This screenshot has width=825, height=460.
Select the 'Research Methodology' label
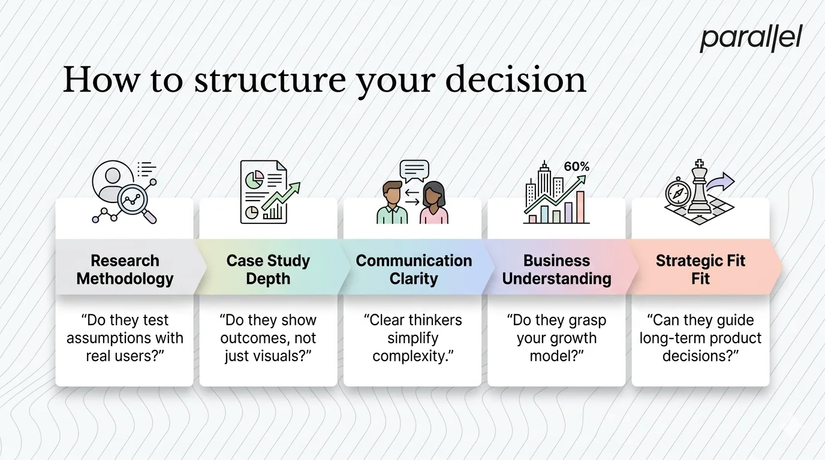(x=125, y=270)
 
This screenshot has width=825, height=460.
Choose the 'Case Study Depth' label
(x=268, y=270)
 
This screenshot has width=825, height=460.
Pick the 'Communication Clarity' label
(x=414, y=270)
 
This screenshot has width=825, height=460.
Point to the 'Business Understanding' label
(x=556, y=270)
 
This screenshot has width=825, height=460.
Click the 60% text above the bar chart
(x=576, y=167)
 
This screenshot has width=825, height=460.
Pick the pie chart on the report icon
(x=256, y=178)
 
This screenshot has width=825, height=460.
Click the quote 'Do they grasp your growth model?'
(x=556, y=338)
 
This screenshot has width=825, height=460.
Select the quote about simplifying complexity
(x=412, y=338)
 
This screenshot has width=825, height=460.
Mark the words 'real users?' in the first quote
(x=125, y=356)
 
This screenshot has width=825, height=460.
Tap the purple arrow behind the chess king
(x=724, y=181)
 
